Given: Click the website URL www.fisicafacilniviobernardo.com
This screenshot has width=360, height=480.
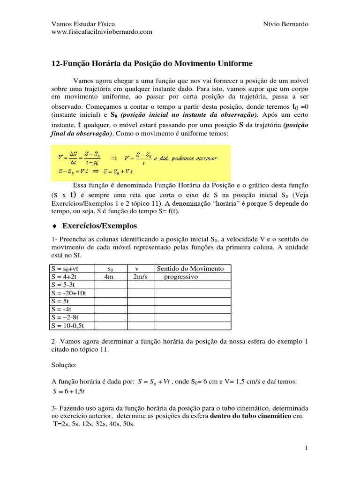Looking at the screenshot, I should (101, 32).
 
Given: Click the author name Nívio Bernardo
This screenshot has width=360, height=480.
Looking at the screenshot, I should (286, 24).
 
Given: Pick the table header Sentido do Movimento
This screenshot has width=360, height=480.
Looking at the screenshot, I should (190, 269).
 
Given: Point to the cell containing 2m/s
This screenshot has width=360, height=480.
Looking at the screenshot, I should (140, 277).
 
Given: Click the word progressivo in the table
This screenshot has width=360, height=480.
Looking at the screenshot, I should (181, 277).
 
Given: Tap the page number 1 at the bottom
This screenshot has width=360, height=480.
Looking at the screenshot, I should (306, 449).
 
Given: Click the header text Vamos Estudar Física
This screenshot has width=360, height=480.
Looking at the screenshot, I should (82, 24).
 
